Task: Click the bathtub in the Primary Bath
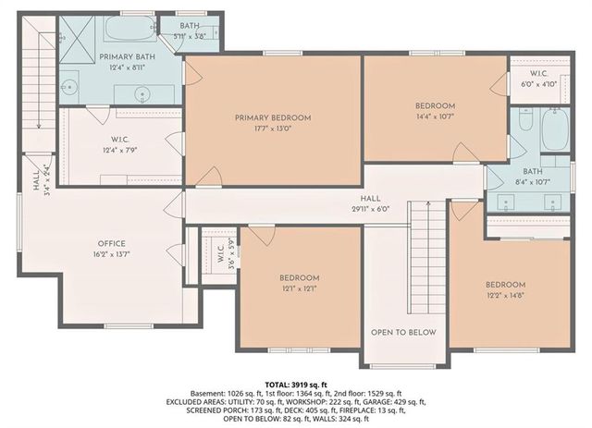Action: (129, 30)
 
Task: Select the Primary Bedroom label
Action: (272, 117)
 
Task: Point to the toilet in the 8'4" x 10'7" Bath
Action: (525, 121)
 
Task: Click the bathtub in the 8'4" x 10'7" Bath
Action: (554, 129)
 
